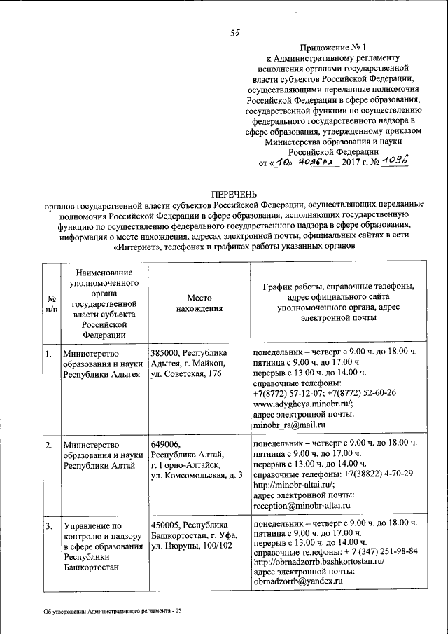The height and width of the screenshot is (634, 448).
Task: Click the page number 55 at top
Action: tap(236, 32)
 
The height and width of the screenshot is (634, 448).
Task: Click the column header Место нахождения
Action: tap(199, 302)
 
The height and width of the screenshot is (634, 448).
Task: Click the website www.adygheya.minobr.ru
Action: tap(302, 404)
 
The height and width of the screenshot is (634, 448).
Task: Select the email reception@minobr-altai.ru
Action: tap(301, 504)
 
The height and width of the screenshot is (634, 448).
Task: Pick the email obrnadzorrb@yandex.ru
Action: tap(297, 581)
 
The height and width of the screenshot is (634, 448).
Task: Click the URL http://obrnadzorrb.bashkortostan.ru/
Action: tap(319, 561)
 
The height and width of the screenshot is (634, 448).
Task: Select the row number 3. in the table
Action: tap(48, 524)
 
